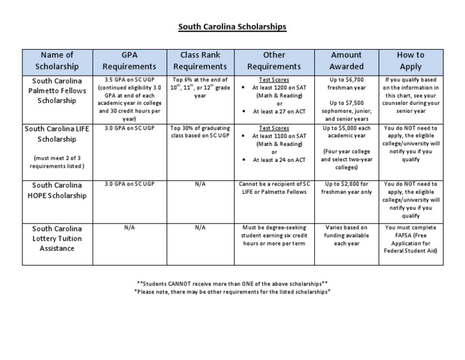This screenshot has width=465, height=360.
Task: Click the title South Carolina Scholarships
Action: pyautogui.click(x=232, y=27)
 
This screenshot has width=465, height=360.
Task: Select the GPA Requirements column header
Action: pyautogui.click(x=130, y=61)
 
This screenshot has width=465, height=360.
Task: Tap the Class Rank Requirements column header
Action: pyautogui.click(x=199, y=61)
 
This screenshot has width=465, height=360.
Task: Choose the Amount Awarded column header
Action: pyautogui.click(x=346, y=61)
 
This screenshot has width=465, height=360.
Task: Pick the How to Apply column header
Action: pyautogui.click(x=411, y=61)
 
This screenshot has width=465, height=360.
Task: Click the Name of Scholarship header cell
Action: pyautogui.click(x=57, y=61)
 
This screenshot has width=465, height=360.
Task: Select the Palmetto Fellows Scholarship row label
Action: pyautogui.click(x=57, y=90)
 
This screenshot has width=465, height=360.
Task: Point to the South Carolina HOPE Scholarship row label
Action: pyautogui.click(x=57, y=190)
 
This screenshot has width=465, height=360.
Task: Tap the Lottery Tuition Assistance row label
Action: pyautogui.click(x=57, y=239)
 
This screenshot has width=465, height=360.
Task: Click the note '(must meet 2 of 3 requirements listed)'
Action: pyautogui.click(x=57, y=162)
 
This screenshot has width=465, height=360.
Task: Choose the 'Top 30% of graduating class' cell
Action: pyautogui.click(x=199, y=132)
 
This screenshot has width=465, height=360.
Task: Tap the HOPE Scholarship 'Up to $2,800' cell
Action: pyautogui.click(x=346, y=187)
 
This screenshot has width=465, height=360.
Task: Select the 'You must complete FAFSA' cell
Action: pyautogui.click(x=411, y=239)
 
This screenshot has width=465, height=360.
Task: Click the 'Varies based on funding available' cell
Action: pyautogui.click(x=346, y=235)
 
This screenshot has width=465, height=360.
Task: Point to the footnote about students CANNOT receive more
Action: pyautogui.click(x=232, y=283)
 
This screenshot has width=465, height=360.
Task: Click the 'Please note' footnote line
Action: pyautogui.click(x=232, y=292)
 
